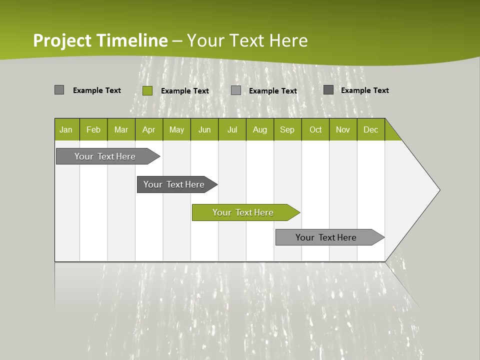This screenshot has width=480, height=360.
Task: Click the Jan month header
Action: [66, 129]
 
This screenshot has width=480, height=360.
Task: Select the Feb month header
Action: [93, 129]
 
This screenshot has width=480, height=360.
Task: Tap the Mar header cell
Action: [121, 129]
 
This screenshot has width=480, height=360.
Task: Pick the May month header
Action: [176, 129]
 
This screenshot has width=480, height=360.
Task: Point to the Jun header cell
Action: [204, 129]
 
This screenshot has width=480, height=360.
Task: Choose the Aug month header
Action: [259, 129]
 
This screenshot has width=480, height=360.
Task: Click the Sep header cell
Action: [287, 129]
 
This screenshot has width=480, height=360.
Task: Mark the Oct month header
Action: [315, 129]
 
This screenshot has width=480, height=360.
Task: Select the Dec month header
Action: [370, 129]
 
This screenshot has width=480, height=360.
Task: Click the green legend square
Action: [147, 90]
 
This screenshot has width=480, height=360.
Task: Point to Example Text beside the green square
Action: [184, 91]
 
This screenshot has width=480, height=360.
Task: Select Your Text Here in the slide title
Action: [247, 40]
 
